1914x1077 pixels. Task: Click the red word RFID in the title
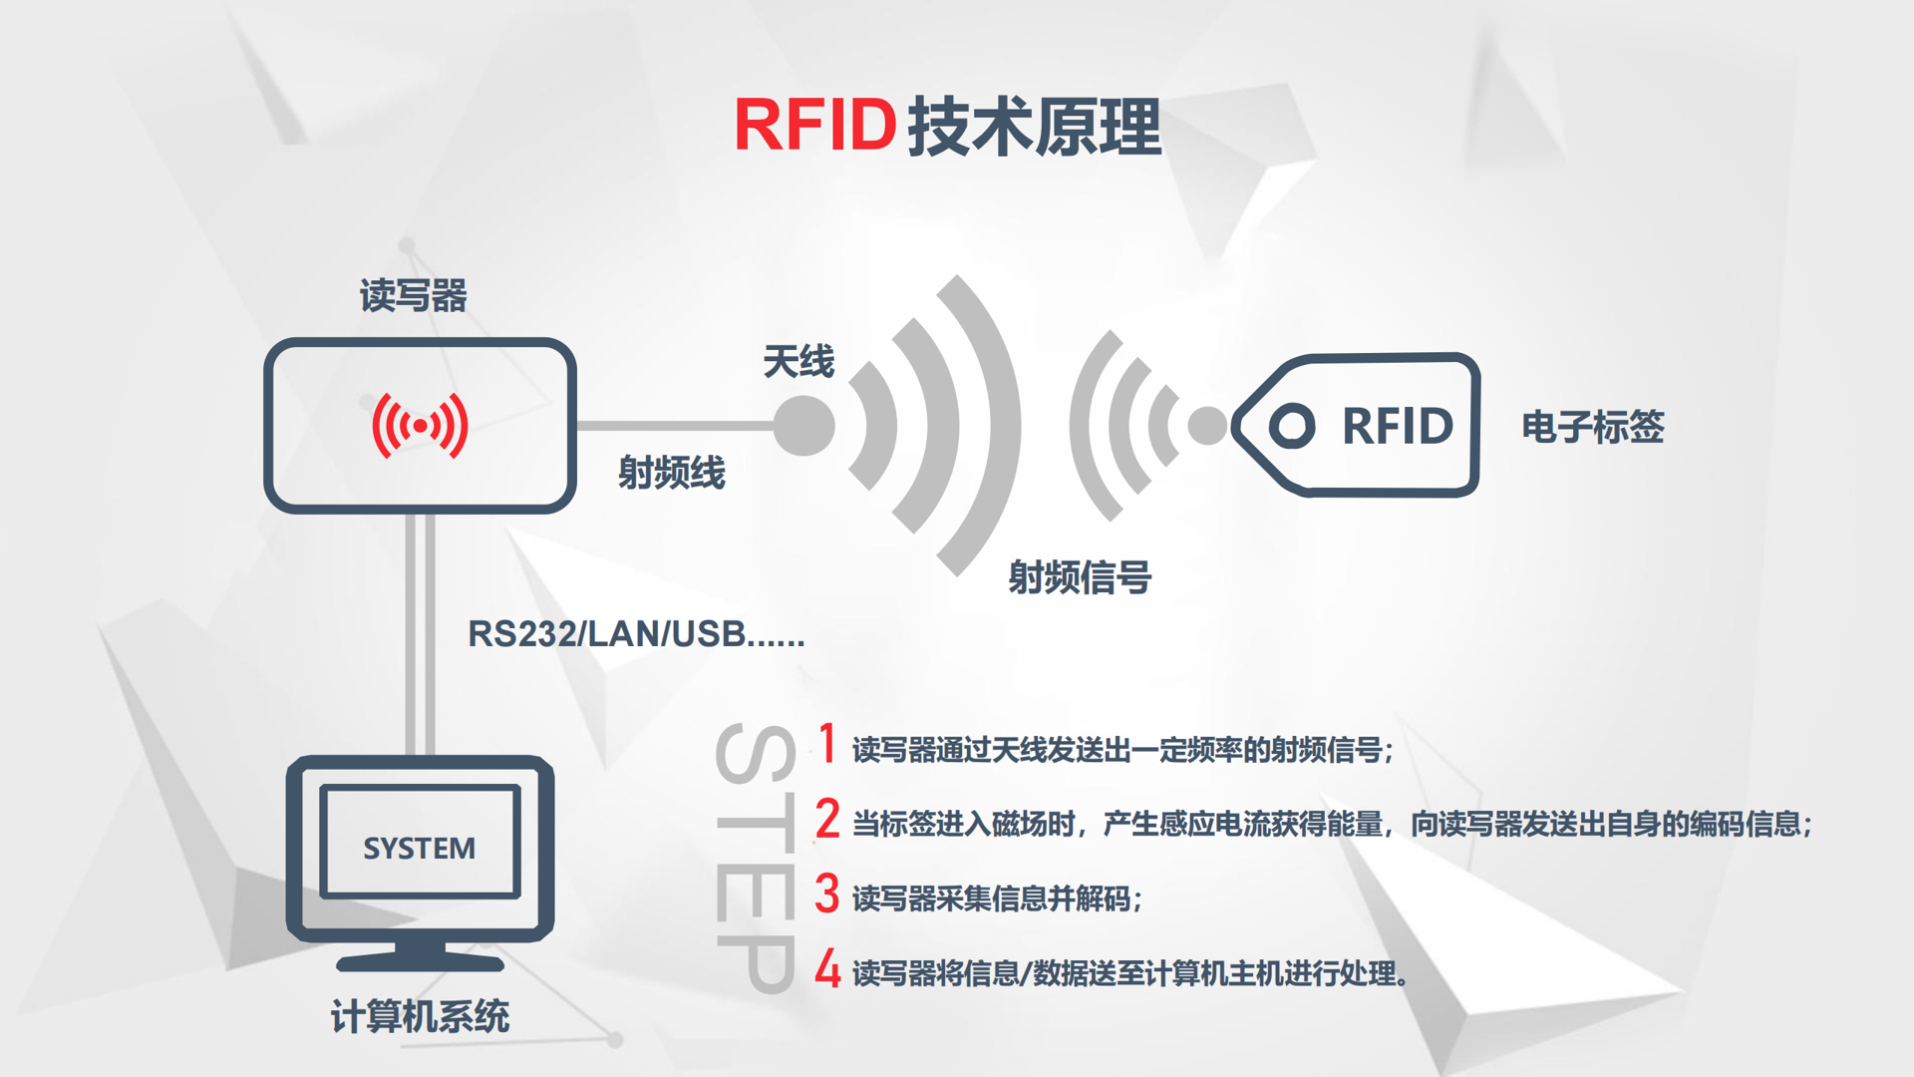point(815,126)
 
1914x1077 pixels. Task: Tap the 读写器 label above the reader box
point(414,295)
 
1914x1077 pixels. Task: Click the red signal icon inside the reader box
point(420,426)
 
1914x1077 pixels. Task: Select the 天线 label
point(798,361)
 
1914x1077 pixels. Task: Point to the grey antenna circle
point(803,426)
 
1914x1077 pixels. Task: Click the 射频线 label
point(672,472)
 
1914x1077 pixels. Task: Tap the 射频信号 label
point(1080,576)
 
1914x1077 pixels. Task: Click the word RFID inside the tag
point(1398,426)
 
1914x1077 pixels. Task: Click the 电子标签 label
point(1593,427)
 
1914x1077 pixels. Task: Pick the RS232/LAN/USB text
point(636,633)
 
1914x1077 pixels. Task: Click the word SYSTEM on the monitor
point(420,848)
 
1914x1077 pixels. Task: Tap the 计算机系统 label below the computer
point(420,1016)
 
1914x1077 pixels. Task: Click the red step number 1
point(827,743)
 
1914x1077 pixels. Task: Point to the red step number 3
point(827,893)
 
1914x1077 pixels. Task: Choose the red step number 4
point(827,967)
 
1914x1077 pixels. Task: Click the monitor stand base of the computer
point(420,963)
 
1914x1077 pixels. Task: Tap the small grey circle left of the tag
point(1208,426)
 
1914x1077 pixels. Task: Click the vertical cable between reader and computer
point(420,634)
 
